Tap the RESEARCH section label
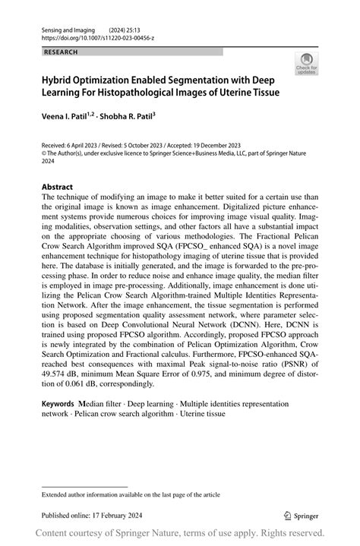(x=60, y=52)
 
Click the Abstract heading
(x=57, y=187)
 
